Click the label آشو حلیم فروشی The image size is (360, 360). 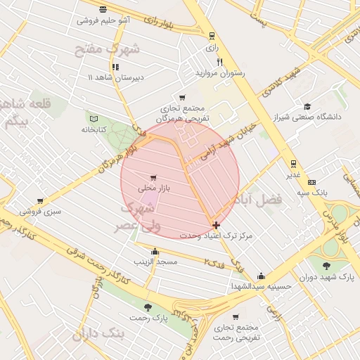pos(103,21)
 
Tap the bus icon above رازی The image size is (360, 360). pos(212,36)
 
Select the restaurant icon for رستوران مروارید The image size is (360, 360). pos(220,62)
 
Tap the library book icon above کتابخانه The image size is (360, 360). pos(94,118)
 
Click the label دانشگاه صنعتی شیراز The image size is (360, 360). pos(313,117)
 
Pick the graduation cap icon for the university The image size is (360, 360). pos(307,107)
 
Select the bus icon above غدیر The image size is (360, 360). pos(293,163)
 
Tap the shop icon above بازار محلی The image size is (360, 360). pos(153,177)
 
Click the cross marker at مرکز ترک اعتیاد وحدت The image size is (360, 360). pos(215,225)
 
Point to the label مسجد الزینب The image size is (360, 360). pos(156,262)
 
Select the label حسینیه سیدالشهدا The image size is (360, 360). pos(262,286)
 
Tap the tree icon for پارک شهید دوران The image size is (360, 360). pos(326,266)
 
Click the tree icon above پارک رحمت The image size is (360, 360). pos(148,307)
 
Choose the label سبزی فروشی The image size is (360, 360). pos(40,210)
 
